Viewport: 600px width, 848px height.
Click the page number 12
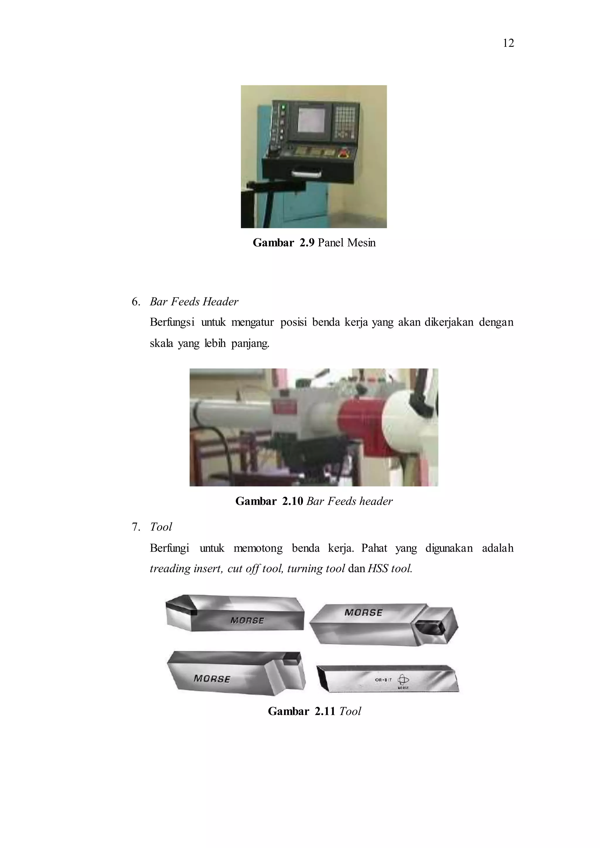[x=508, y=43]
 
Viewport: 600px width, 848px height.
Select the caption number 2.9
[x=307, y=243]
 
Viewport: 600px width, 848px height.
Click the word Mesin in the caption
[x=361, y=243]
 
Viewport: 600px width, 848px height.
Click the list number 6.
[x=136, y=302]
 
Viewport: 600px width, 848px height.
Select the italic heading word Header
[x=220, y=302]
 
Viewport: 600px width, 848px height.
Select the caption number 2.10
[x=292, y=501]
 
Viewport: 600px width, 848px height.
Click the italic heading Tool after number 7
[x=161, y=527]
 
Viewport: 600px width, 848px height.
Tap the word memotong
[x=258, y=548]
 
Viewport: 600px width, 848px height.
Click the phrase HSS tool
[x=390, y=568]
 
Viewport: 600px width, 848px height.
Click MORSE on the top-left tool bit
[x=247, y=621]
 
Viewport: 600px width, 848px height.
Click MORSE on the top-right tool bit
[x=363, y=613]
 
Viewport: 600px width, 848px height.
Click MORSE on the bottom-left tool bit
[x=212, y=679]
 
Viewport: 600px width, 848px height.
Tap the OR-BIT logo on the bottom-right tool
[x=403, y=680]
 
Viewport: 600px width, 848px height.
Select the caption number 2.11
[x=324, y=711]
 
